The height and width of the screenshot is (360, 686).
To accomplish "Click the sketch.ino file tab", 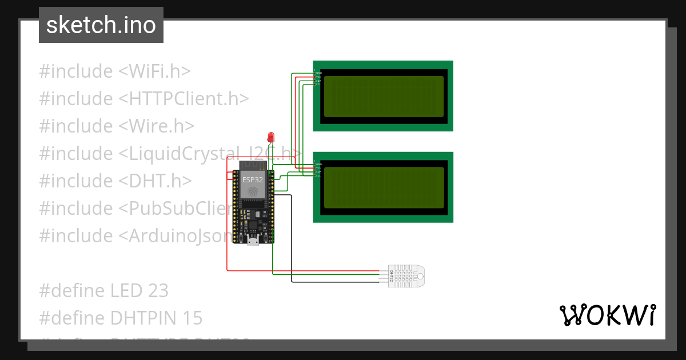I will tap(101, 25).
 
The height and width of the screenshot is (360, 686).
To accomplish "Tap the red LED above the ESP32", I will tap(271, 137).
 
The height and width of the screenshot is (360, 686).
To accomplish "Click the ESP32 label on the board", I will tap(253, 179).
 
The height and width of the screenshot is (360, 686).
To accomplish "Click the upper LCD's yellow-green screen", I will tap(383, 96).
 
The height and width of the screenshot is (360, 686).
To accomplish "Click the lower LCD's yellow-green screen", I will tap(383, 187).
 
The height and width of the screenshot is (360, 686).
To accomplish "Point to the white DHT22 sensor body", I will tap(407, 276).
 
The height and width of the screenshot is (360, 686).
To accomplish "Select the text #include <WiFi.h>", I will tap(114, 71).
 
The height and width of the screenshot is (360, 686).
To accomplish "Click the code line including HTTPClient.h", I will tap(143, 99).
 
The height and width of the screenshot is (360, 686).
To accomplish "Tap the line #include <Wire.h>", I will tap(117, 126).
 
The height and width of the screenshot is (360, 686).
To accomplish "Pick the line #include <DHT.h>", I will tap(115, 181).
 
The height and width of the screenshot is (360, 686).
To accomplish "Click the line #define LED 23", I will tap(103, 291).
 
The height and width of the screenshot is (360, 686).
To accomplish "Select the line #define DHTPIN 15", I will tap(121, 318).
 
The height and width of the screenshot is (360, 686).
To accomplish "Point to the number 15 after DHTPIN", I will tap(193, 318).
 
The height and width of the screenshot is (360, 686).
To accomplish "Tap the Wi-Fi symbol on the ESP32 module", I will tap(253, 193).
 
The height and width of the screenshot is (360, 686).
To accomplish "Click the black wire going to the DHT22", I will tap(292, 240).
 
